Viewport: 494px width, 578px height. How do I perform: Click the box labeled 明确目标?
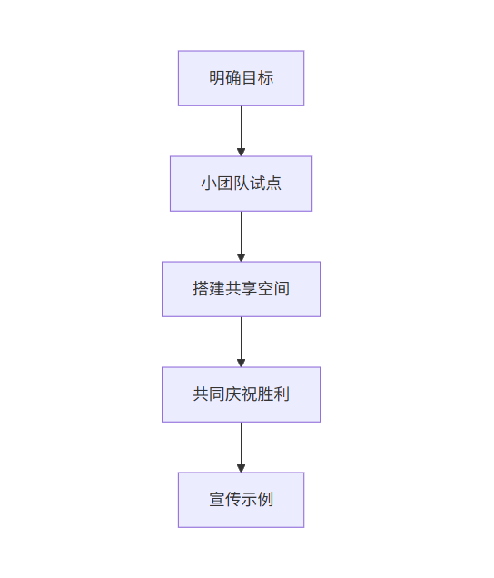[x=241, y=78]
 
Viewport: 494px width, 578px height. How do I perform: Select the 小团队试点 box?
[x=241, y=184]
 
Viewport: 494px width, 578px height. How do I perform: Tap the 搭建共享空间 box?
[x=241, y=289]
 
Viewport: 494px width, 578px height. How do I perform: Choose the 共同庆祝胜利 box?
[x=241, y=394]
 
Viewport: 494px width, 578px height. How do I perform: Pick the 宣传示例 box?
[x=241, y=500]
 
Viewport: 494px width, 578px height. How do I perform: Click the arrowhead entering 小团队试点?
[x=241, y=152]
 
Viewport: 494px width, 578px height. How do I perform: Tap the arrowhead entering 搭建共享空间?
[x=241, y=257]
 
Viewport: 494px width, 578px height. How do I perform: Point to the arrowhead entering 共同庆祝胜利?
[x=241, y=363]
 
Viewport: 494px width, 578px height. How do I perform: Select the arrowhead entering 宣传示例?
[x=241, y=468]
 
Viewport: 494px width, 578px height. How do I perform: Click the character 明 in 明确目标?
[x=216, y=78]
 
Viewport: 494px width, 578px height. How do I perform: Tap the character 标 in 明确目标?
[x=265, y=78]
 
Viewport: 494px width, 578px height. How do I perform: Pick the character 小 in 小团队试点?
[x=208, y=184]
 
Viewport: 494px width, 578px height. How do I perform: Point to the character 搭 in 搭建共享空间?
[x=200, y=289]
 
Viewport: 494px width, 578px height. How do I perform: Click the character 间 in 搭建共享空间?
[x=282, y=289]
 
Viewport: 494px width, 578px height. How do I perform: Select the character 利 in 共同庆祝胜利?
[x=282, y=394]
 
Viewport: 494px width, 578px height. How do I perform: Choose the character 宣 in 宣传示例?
[x=216, y=500]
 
